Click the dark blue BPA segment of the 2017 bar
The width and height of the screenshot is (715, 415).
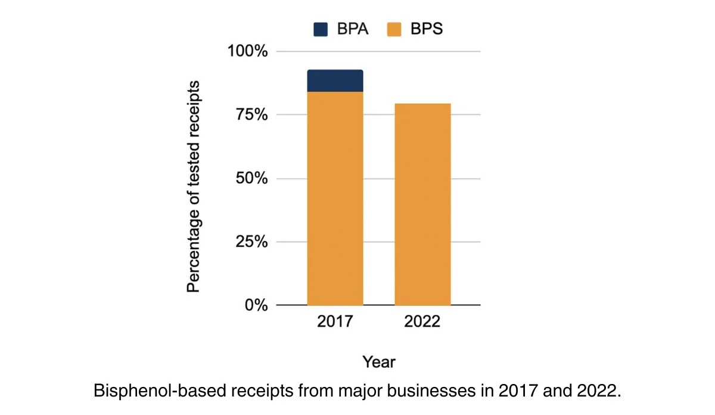335,81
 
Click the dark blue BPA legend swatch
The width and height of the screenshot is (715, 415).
321,29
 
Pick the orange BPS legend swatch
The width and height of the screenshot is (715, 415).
393,29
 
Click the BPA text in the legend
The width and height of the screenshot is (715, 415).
352,29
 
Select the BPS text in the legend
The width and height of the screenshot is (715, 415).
425,29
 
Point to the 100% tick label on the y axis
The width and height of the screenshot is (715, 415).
248,51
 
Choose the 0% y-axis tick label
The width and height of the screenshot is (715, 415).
255,305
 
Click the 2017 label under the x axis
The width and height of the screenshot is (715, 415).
335,322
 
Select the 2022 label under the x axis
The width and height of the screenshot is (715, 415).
422,322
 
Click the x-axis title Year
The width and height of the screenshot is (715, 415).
379,362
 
